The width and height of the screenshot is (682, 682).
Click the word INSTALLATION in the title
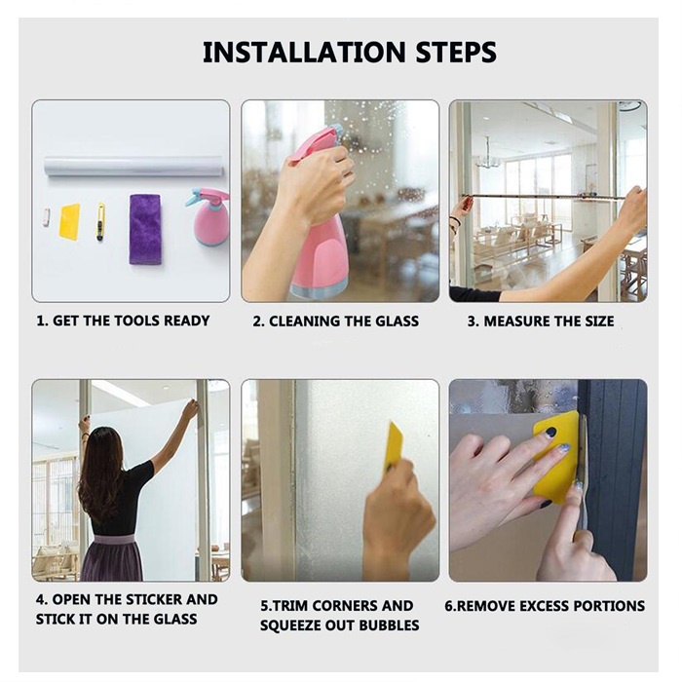(304, 53)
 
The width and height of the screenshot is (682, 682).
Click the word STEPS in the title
(456, 53)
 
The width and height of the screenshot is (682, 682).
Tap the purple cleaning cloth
(145, 229)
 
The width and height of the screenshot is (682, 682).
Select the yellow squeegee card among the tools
(70, 222)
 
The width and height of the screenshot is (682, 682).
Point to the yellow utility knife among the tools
(101, 222)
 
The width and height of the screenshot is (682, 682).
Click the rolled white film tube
(134, 167)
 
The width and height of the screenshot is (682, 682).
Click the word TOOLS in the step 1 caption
(138, 321)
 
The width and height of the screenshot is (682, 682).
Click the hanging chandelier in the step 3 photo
(488, 156)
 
